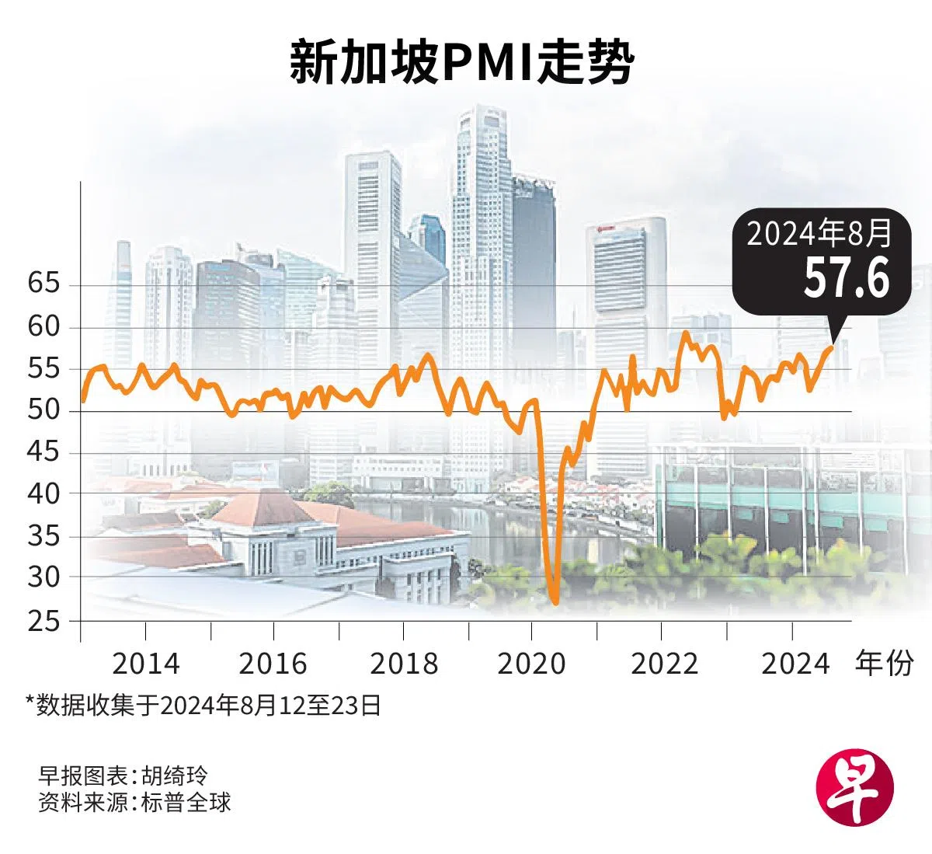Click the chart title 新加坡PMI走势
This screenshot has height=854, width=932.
(461, 62)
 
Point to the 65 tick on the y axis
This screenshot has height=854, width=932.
(43, 284)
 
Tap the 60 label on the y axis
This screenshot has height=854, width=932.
(43, 326)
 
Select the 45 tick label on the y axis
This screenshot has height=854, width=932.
(43, 451)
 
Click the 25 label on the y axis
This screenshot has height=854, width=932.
(43, 621)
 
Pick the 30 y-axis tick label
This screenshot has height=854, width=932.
(43, 577)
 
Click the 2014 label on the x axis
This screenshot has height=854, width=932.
(146, 664)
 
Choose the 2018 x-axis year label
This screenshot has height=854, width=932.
(404, 664)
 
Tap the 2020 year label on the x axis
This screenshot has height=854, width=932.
(532, 664)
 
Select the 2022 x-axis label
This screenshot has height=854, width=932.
(665, 664)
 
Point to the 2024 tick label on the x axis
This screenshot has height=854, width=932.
(795, 664)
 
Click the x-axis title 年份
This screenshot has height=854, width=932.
(884, 664)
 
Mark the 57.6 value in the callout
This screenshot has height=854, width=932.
(846, 277)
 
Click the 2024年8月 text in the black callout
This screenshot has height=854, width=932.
(819, 232)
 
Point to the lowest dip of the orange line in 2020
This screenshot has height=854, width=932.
(555, 601)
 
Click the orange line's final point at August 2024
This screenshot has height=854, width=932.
(832, 347)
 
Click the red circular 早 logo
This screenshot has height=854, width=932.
(854, 789)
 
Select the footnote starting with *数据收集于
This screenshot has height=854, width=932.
(203, 705)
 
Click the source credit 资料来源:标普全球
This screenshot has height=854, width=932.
(134, 802)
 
